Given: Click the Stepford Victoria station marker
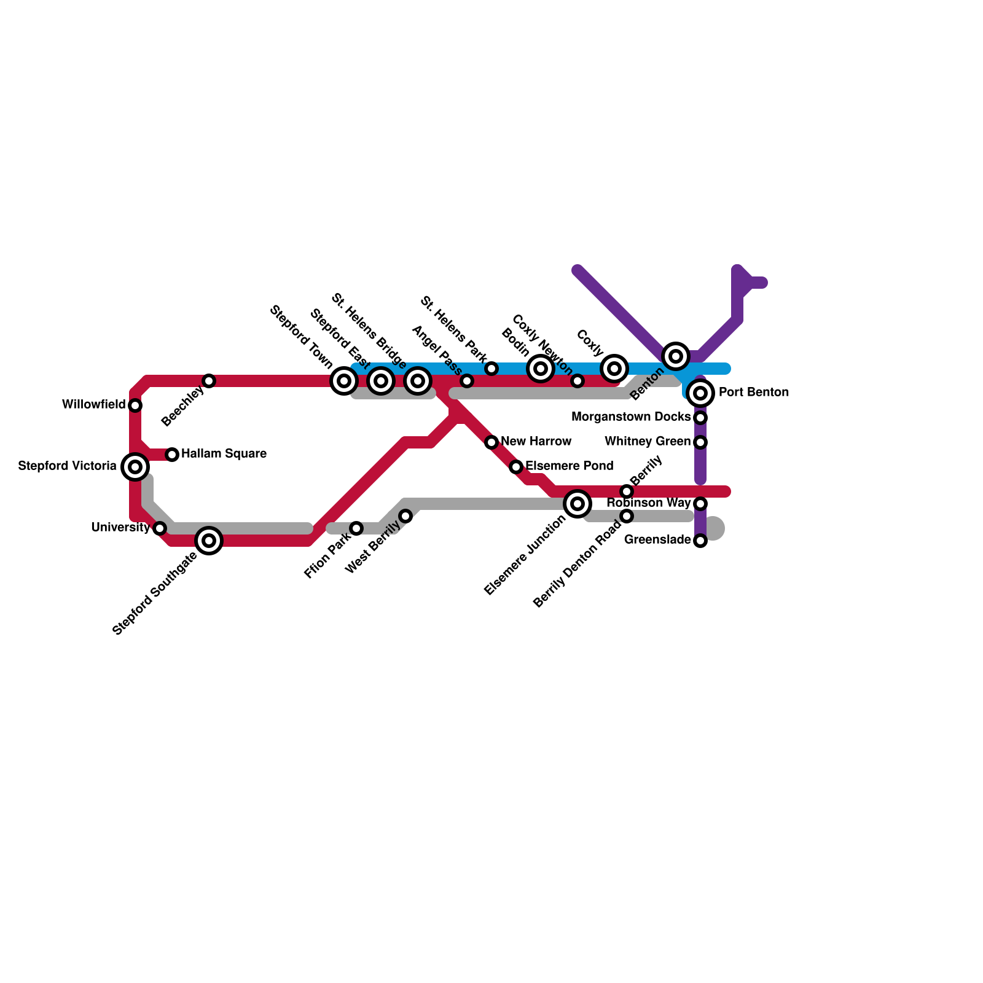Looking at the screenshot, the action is (x=135, y=467).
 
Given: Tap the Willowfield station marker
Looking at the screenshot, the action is (x=135, y=405).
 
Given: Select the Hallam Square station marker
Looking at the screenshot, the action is (x=173, y=455).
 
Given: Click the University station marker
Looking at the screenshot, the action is (x=160, y=528).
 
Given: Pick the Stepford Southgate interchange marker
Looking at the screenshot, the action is (x=209, y=541).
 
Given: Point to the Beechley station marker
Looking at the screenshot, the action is (x=209, y=381).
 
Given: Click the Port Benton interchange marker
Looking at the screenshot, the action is (x=700, y=393).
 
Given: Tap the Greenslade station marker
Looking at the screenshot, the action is (x=700, y=541).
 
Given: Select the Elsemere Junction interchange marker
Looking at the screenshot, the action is (x=578, y=504).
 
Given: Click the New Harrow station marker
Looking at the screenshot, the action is (x=491, y=442).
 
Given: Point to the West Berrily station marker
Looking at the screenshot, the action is (x=405, y=516).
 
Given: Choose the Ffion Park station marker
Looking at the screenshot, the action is (x=356, y=528).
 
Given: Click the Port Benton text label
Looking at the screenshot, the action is (x=753, y=393).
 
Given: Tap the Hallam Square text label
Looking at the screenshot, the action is (x=224, y=454).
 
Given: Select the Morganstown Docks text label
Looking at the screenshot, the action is (x=631, y=417).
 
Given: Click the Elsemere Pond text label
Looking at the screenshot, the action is (x=569, y=466).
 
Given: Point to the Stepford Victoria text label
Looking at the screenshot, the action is (x=68, y=466).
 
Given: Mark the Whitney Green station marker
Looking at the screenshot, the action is (x=700, y=442).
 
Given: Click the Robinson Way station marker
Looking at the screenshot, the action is (x=700, y=504).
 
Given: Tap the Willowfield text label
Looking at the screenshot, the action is (x=94, y=405).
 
